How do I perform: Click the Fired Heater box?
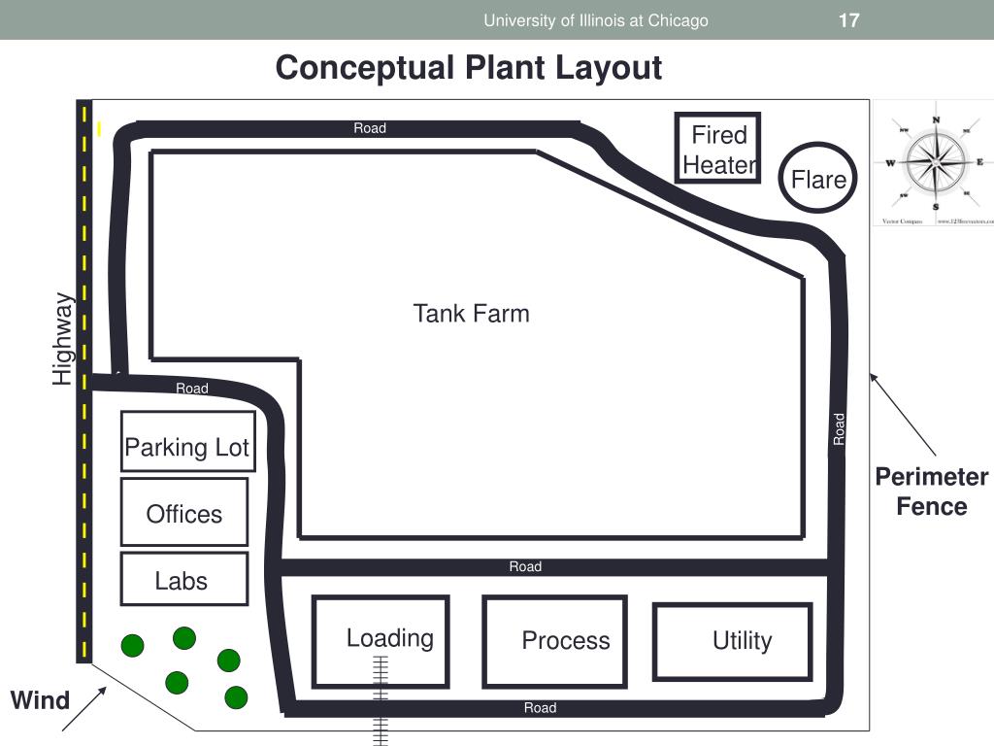[718, 149]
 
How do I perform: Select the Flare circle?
[818, 178]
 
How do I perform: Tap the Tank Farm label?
[471, 314]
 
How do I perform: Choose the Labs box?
[183, 579]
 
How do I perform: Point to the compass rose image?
[936, 163]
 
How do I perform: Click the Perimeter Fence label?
[931, 492]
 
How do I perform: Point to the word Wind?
[40, 700]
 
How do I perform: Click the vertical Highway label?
[63, 338]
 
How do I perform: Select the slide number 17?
[848, 20]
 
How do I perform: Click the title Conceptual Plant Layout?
[468, 68]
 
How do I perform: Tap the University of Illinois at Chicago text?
[596, 20]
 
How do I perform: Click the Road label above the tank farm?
[370, 128]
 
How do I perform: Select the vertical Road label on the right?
[840, 428]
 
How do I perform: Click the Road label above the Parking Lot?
[192, 389]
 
